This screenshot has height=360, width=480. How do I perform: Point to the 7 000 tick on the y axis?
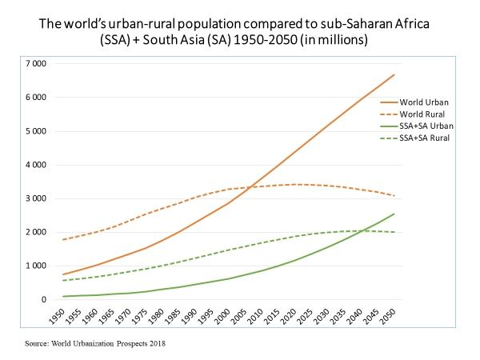coord(34,63)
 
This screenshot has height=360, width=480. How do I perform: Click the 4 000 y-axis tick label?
coord(34,165)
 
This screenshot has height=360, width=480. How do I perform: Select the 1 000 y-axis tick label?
coord(34,266)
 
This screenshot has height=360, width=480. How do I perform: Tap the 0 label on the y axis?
coord(42,300)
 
